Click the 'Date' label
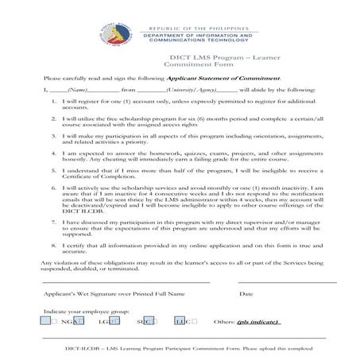[246, 293]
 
